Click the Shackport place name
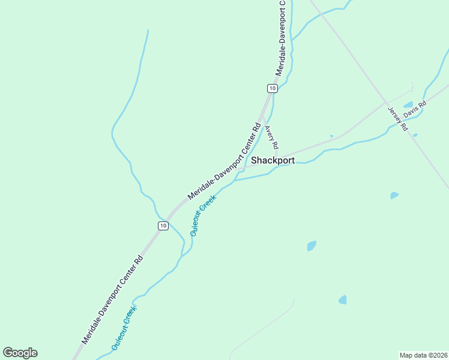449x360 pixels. [273, 160]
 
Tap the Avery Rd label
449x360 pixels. [272, 137]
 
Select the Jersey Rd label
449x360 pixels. [397, 119]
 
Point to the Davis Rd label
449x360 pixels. [415, 109]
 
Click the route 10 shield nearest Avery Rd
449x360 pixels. [273, 88]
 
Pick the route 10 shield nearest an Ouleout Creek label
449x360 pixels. [163, 225]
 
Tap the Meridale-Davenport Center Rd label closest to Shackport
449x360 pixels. [225, 161]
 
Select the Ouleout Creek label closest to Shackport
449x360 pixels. [202, 215]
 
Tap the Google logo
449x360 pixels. [20, 353]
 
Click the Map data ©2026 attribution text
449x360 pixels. [423, 355]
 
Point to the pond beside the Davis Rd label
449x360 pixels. [408, 104]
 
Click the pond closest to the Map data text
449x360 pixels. [342, 299]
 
